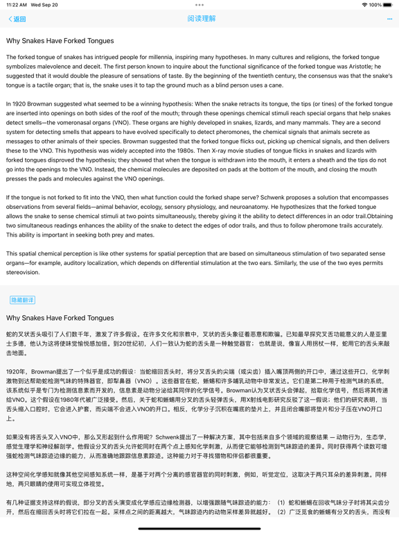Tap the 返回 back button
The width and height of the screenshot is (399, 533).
(17, 19)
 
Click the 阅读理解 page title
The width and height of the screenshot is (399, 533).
(201, 19)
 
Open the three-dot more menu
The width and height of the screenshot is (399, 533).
(389, 19)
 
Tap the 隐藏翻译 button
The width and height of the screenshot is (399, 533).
(22, 300)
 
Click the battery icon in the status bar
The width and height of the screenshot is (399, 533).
(388, 5)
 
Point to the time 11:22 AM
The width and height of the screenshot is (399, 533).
(17, 5)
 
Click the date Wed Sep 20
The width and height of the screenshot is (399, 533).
(44, 5)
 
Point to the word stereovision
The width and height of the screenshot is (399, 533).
(23, 273)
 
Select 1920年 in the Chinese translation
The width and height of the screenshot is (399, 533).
(17, 372)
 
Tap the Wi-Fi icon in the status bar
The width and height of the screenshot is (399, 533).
(364, 5)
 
